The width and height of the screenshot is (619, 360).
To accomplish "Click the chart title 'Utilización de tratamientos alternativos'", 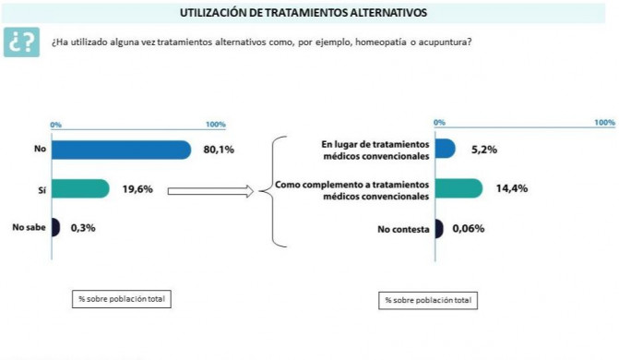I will pos(310,13).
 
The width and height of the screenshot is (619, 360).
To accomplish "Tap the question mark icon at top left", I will pos(22,42).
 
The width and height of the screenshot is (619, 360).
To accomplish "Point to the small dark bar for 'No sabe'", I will pos(55,227).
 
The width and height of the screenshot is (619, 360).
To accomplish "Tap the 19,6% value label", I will pos(137,189).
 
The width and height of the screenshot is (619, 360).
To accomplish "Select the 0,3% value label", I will pos(83,227).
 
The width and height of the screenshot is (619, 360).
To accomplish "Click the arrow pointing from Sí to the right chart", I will pos(211,191).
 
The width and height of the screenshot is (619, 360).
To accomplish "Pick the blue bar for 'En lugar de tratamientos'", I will pos(445,150).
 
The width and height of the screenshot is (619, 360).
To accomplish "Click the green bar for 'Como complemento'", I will pos(458,189).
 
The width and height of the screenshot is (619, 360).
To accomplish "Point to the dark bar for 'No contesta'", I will pos(438,229).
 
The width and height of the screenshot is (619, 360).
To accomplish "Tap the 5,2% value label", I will pos(484,150).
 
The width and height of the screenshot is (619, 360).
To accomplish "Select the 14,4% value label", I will pos(512,189).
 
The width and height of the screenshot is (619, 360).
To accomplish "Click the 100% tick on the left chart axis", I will pos(215,125).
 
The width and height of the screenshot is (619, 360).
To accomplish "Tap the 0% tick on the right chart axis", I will pos(440,122).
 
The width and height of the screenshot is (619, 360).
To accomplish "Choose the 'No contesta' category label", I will pos(404,229).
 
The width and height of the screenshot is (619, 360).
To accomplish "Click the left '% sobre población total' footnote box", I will pos(123,298).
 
